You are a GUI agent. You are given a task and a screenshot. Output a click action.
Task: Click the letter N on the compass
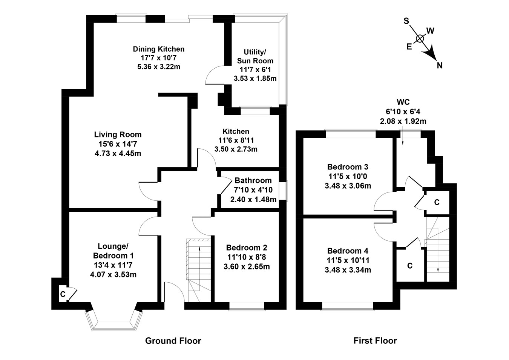(440, 66)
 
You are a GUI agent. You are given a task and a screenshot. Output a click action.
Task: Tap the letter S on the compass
(406, 21)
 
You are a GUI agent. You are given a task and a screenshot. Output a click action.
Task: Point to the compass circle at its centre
(420, 38)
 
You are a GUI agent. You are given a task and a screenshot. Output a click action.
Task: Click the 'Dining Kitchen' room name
(159, 49)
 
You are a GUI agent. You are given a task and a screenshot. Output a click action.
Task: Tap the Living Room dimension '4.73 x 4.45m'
(118, 154)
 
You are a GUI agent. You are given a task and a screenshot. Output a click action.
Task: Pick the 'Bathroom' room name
(253, 180)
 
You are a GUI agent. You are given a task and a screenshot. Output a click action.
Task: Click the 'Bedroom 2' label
(247, 248)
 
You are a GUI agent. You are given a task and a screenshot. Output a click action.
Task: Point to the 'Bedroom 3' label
(348, 167)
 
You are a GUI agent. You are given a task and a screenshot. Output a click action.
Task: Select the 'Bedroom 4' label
(348, 251)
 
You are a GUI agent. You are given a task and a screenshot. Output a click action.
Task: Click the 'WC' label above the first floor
(403, 102)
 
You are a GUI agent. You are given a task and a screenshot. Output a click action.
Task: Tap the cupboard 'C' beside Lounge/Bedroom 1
(63, 294)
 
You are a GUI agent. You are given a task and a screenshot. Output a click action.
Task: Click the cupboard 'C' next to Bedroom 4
(410, 266)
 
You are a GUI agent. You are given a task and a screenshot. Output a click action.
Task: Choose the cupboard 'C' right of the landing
(437, 202)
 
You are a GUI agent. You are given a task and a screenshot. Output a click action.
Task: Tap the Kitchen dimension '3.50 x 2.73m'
(236, 149)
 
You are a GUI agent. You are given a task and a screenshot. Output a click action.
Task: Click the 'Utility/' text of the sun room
(255, 52)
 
